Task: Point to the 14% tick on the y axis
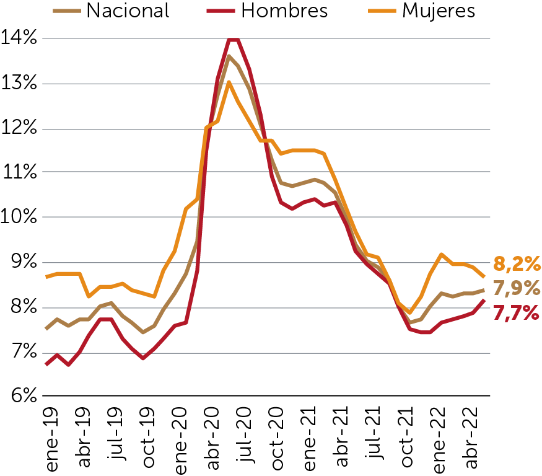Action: tap(20, 38)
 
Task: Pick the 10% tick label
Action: tap(20, 218)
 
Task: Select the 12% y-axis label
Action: tap(20, 128)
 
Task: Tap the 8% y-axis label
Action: tap(20, 307)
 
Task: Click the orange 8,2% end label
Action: tap(517, 265)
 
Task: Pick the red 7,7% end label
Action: tap(517, 314)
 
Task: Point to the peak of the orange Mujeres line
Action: tap(229, 82)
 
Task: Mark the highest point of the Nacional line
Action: tap(229, 56)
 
